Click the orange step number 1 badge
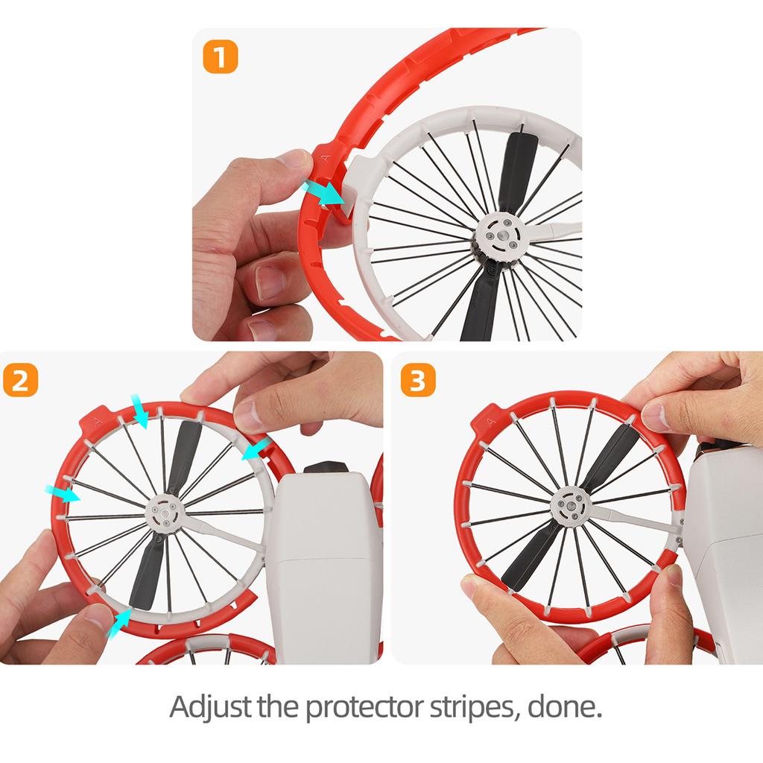point(221,57)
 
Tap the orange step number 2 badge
point(21,380)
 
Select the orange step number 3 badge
point(417,380)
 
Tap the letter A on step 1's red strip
point(324,157)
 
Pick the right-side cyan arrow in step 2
point(257,449)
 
